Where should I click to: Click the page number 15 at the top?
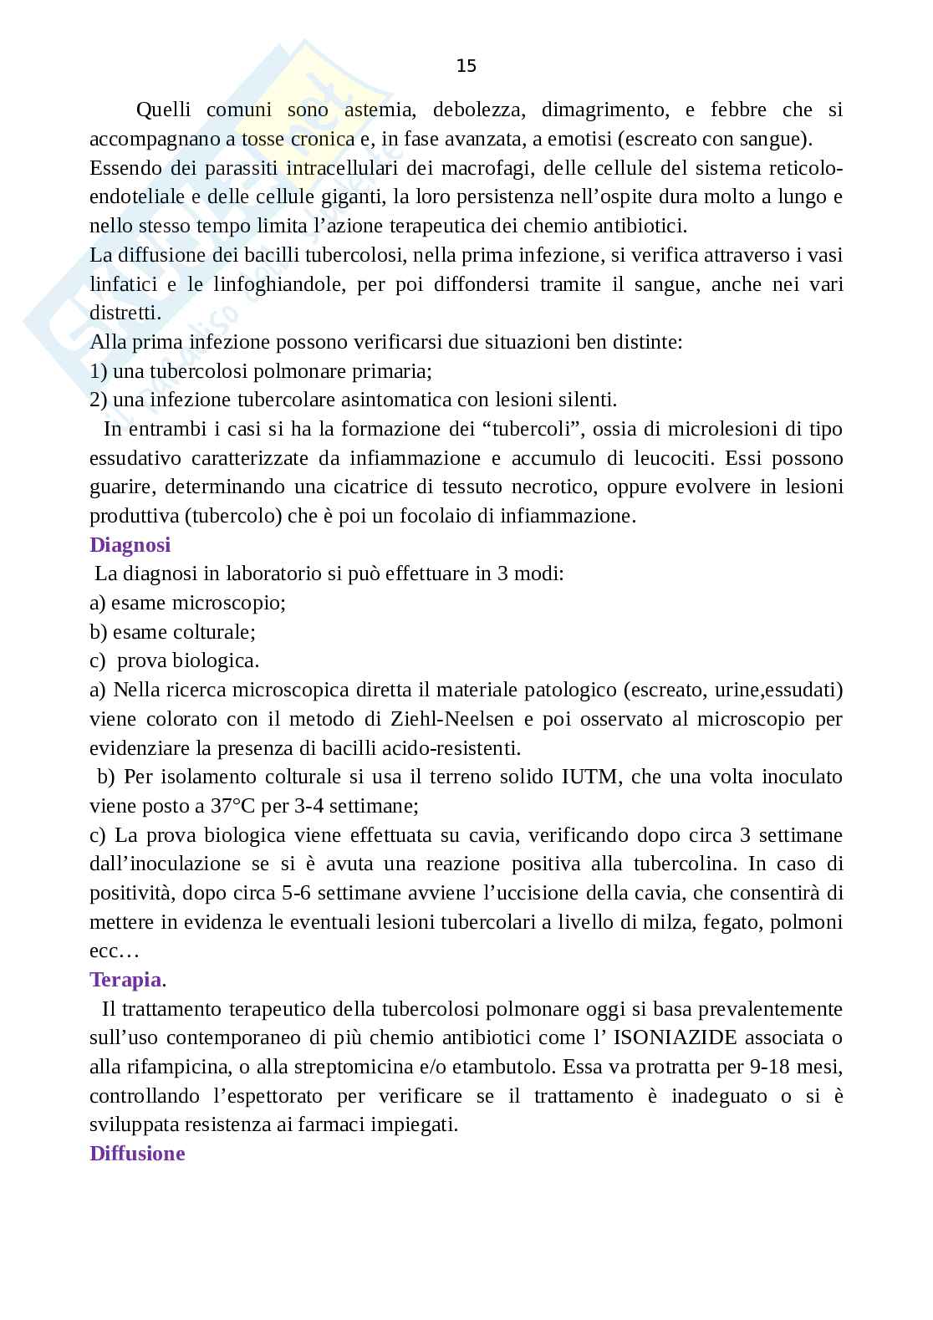[x=466, y=66]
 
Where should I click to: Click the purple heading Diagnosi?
[x=130, y=545]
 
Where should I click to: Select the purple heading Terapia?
[x=125, y=980]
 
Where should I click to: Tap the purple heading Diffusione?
[x=137, y=1154]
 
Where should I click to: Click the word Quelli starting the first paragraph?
[x=163, y=110]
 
